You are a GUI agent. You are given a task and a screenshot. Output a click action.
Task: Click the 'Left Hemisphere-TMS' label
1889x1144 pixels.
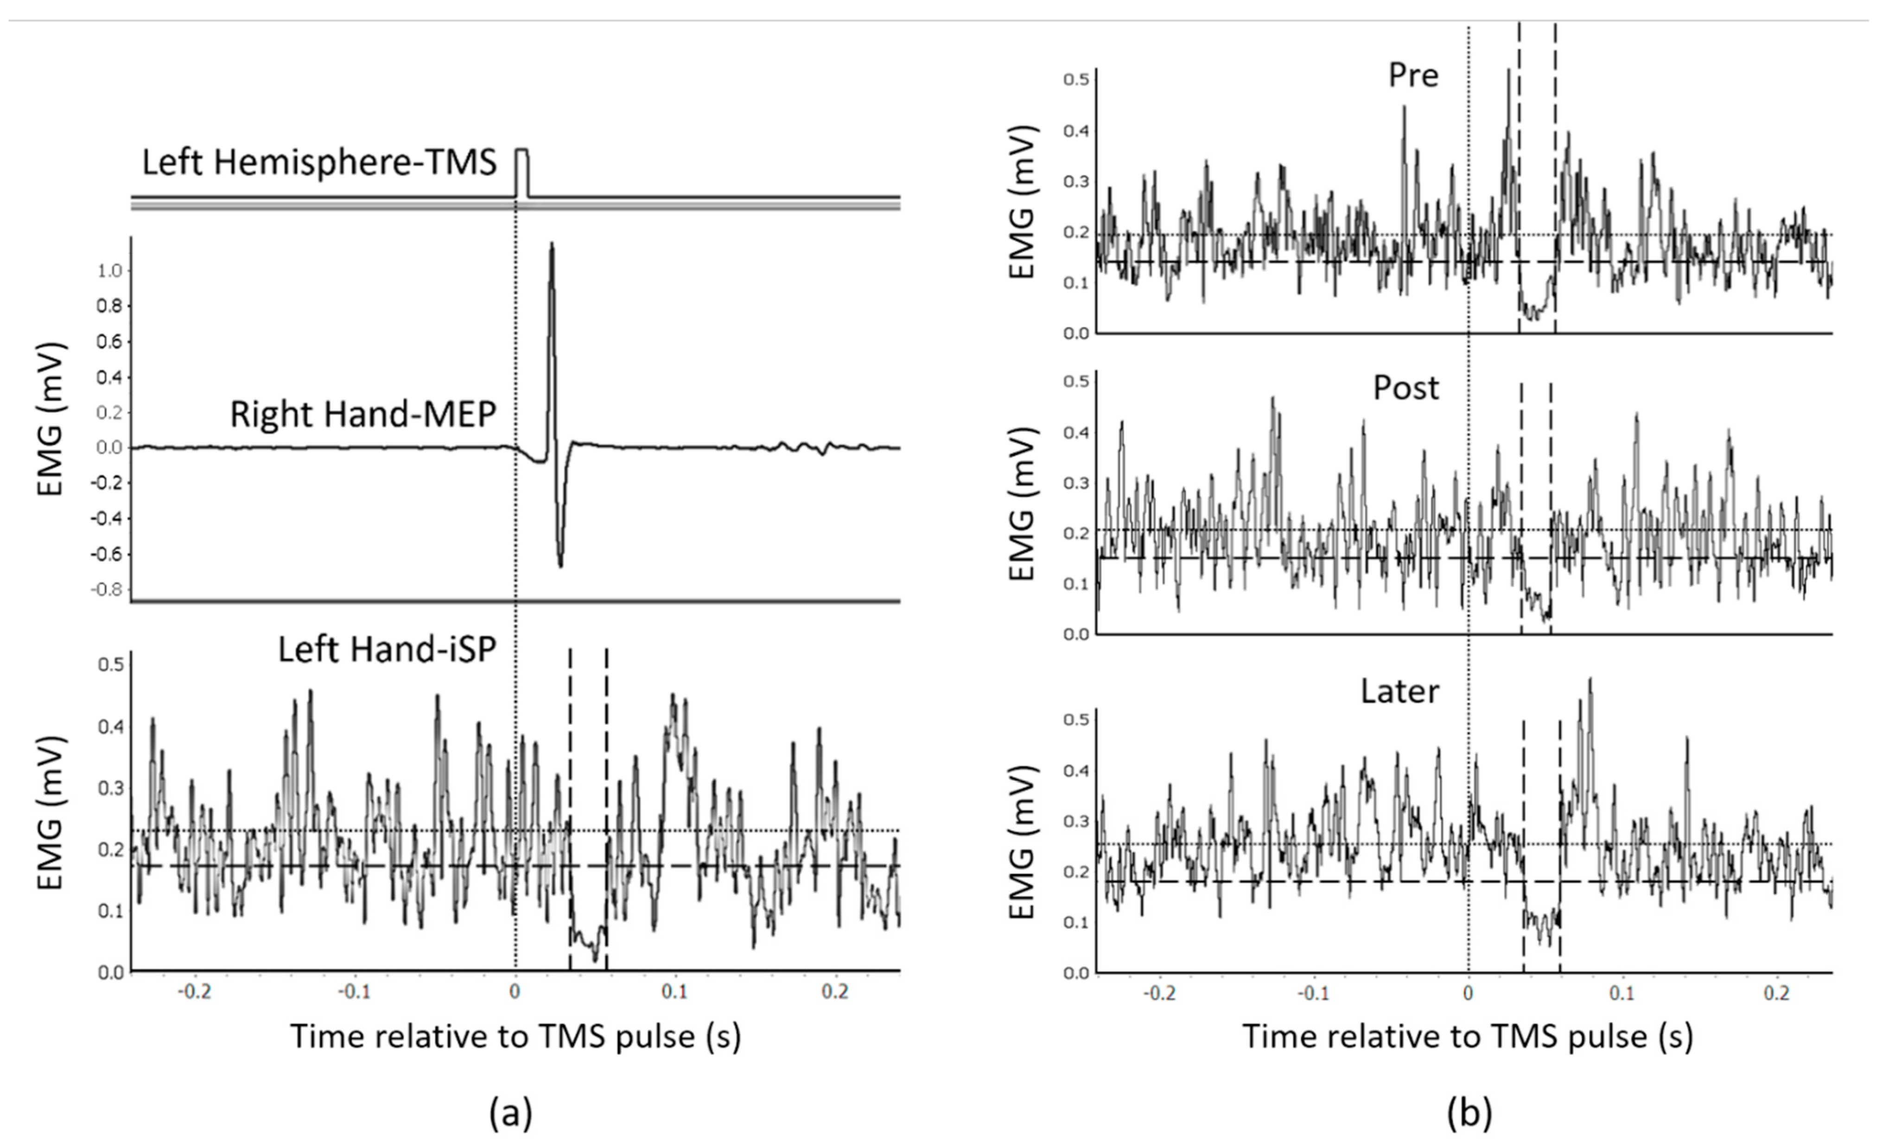(319, 163)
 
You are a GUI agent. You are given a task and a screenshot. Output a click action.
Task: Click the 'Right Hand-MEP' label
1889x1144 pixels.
(363, 415)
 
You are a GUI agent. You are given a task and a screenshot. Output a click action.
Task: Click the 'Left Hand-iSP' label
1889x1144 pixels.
(387, 650)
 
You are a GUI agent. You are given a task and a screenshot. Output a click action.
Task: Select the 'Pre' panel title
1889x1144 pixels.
(1414, 75)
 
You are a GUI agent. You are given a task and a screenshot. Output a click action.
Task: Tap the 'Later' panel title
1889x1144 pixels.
(1400, 691)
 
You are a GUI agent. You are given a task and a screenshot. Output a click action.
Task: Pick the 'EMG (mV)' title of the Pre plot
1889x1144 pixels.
(1023, 201)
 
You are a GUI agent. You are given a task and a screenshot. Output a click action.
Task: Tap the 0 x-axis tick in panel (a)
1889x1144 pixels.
(515, 991)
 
